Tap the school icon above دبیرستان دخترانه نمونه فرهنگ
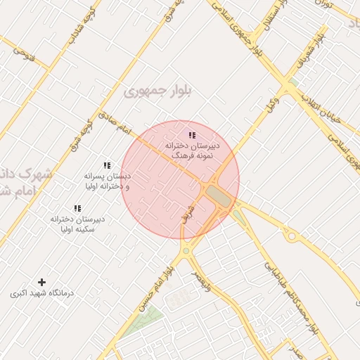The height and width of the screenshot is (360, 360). pyautogui.click(x=192, y=135)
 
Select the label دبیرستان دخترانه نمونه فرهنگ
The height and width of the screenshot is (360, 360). pyautogui.click(x=192, y=148)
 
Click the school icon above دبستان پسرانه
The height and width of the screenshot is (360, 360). pyautogui.click(x=107, y=165)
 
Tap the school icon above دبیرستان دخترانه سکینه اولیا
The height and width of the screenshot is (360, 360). pyautogui.click(x=77, y=209)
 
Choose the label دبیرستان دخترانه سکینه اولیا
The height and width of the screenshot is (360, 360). pyautogui.click(x=77, y=224)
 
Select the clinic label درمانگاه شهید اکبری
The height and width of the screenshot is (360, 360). pyautogui.click(x=41, y=292)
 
